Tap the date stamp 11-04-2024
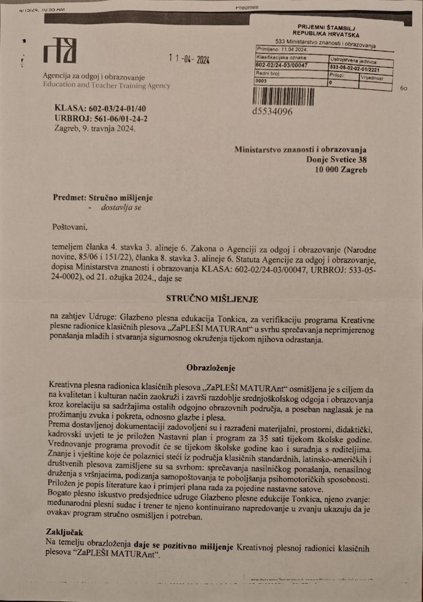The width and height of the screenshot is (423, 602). coord(189,59)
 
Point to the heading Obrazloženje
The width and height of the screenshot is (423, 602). coord(211,369)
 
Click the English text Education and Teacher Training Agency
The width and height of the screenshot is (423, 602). coord(106,86)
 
